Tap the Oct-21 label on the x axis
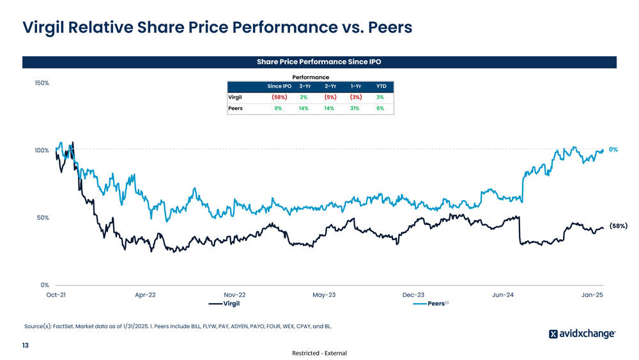click(x=56, y=295)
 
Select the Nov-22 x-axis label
click(x=235, y=295)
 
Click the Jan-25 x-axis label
click(x=592, y=295)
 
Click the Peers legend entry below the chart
click(x=436, y=303)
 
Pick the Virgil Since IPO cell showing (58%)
click(x=279, y=97)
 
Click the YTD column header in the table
click(x=381, y=86)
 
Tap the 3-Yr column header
click(x=304, y=86)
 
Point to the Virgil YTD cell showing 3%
click(x=380, y=97)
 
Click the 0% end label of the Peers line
click(x=613, y=149)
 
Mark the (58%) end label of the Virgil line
click(x=618, y=226)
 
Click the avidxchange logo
click(x=582, y=334)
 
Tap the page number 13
click(x=26, y=346)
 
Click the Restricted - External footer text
click(x=319, y=353)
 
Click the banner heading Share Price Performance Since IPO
click(x=319, y=62)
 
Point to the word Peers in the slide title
click(x=385, y=27)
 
